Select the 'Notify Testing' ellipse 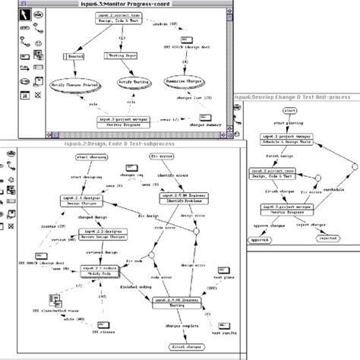coord(136,82)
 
